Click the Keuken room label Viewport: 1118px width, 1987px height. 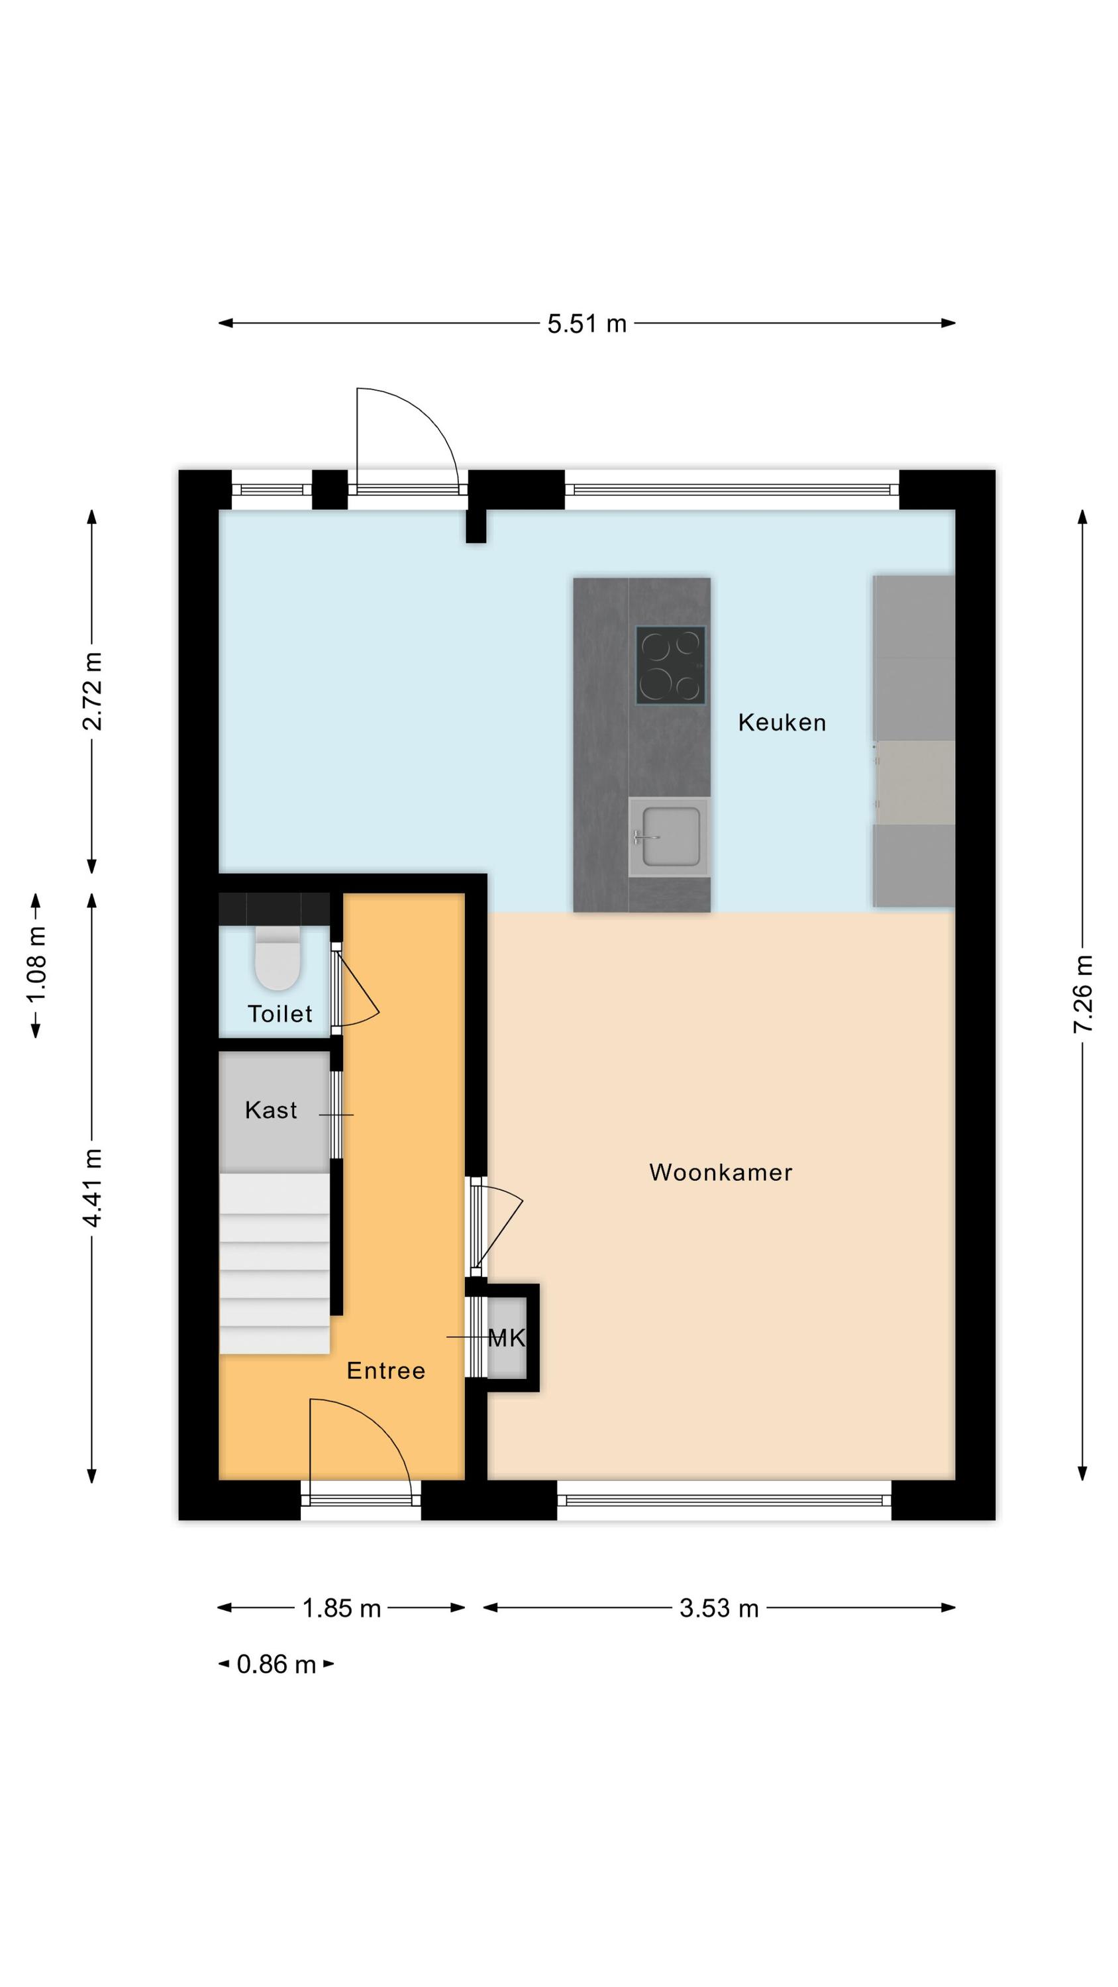[782, 722]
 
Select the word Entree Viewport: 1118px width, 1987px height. [385, 1370]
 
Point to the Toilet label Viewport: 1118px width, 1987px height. [279, 1013]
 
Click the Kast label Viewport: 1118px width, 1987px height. [271, 1109]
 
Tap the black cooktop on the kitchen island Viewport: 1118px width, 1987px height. [670, 664]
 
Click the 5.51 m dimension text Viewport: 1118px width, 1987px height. [586, 324]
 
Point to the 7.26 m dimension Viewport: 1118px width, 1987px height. [1082, 993]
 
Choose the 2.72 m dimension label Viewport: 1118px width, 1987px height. [92, 690]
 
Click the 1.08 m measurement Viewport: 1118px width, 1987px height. [36, 964]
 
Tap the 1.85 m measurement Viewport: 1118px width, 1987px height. [341, 1608]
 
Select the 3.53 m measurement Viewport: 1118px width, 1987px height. [719, 1608]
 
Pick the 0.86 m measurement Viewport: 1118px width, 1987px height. [276, 1664]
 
